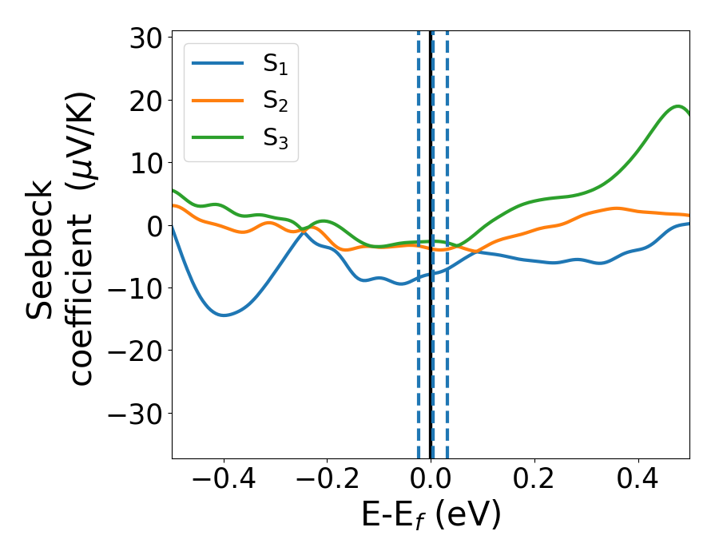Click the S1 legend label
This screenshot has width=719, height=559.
coord(276,65)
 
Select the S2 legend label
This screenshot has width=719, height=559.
coord(276,101)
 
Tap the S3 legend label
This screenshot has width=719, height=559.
coord(276,138)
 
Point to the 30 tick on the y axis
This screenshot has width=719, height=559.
coord(143,38)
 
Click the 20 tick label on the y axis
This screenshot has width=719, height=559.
coord(143,101)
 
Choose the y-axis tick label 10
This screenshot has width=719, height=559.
coord(143,164)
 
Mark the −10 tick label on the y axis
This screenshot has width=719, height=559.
coord(132,289)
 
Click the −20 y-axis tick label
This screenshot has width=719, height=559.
coord(132,351)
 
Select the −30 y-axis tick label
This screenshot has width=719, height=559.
coord(132,414)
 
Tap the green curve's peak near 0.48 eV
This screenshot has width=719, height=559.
coord(678,106)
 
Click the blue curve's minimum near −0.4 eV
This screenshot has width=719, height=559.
coord(224,315)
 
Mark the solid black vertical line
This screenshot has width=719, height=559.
coord(431,359)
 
